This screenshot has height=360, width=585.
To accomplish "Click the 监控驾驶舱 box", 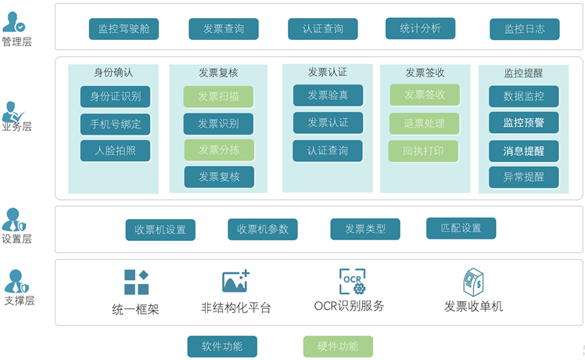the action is [x=124, y=29].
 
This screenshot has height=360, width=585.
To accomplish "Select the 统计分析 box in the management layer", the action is [x=420, y=28].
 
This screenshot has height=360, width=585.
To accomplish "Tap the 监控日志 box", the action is [x=524, y=29].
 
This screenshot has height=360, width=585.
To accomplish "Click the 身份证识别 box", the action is [x=115, y=97].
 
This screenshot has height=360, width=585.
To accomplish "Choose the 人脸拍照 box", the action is [x=115, y=150].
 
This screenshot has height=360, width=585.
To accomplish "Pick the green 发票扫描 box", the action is [x=218, y=97].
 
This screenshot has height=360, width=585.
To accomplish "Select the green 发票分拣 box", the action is [x=218, y=149].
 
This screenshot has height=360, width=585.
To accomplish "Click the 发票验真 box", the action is [x=328, y=95].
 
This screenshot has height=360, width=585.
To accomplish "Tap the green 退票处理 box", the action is [x=424, y=124].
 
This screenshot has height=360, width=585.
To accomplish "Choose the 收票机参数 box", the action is [x=263, y=229].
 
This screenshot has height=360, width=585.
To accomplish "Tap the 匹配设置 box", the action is [x=461, y=229].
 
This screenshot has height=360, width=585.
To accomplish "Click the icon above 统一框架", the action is [x=136, y=282].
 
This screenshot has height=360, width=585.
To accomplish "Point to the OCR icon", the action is [x=352, y=281].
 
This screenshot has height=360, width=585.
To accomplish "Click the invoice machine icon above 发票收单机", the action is [x=473, y=282].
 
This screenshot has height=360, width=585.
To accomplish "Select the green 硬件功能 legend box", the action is [x=338, y=346].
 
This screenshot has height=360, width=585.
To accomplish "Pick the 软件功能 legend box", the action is [x=222, y=346].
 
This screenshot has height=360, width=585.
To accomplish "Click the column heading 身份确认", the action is [x=113, y=73].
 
